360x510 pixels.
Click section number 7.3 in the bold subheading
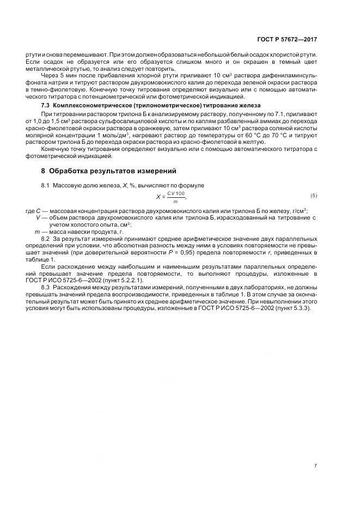click(x=46, y=105)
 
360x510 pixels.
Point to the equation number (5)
click(x=313, y=195)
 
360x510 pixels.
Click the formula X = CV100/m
click(x=171, y=197)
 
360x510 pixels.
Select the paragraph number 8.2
click(x=46, y=239)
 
